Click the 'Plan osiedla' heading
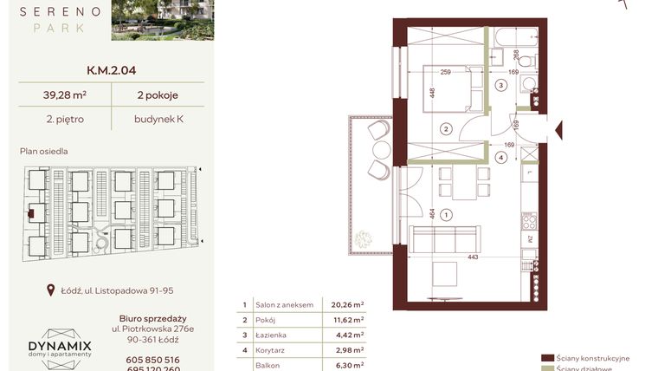(x=43, y=151)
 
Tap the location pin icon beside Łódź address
(x=50, y=291)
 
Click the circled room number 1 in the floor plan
(x=445, y=214)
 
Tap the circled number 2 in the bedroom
(x=445, y=129)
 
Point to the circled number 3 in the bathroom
(x=500, y=85)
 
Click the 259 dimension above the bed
(x=446, y=73)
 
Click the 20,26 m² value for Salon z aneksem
(x=346, y=305)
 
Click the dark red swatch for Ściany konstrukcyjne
(x=546, y=357)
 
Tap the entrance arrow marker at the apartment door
(x=559, y=131)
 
